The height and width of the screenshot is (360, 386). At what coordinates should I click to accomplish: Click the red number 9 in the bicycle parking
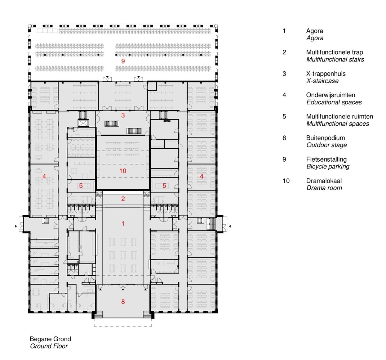pos(123,61)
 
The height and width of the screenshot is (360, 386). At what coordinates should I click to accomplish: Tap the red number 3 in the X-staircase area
pos(123,116)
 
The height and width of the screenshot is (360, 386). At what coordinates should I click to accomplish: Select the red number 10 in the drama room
pos(123,171)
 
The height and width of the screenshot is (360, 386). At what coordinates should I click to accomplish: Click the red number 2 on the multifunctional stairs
pos(123,199)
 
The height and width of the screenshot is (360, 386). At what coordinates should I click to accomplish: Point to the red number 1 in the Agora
pos(123,224)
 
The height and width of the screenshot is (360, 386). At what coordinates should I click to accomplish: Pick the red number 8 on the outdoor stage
pos(123,302)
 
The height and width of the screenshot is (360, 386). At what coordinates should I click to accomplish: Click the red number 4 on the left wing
pos(44,176)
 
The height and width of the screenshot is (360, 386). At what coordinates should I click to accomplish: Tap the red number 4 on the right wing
pos(202,176)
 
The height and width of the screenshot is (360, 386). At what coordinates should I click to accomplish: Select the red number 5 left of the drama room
pos(81,186)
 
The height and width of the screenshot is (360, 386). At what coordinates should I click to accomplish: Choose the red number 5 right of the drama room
pos(164,186)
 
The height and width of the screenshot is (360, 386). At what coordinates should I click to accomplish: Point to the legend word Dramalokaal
pos(324,181)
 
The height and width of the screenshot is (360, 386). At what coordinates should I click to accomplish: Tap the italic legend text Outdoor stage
pos(327,145)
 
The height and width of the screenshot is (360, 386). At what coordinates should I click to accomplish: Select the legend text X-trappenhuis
pos(326,74)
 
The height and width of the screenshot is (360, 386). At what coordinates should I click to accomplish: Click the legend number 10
pos(286,181)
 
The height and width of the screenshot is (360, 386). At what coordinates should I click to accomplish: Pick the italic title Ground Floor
pos(48,346)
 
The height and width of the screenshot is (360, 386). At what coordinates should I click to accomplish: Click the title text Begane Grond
pos(50,339)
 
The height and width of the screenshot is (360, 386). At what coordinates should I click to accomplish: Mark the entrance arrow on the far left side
pos(15,226)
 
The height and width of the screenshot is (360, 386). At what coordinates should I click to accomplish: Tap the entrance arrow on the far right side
pos(230,226)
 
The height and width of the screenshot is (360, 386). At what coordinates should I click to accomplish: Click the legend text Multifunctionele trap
pos(334,52)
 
